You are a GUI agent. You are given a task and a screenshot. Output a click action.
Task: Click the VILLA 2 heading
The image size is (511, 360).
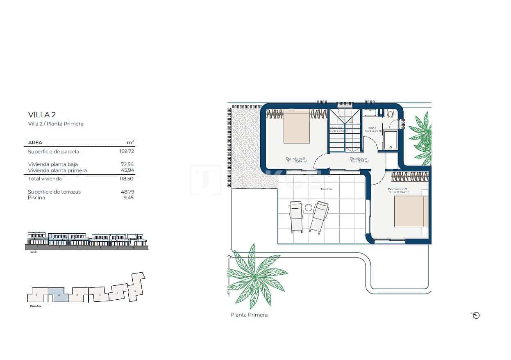(x=42, y=114)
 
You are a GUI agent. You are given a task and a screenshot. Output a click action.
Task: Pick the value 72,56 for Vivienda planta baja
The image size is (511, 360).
(x=127, y=164)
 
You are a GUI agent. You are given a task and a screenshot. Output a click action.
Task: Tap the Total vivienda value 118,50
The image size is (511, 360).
(x=127, y=179)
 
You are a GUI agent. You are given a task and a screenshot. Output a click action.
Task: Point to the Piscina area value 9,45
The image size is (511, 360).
(x=128, y=198)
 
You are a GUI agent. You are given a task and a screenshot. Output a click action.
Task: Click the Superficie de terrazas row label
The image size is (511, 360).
(x=54, y=192)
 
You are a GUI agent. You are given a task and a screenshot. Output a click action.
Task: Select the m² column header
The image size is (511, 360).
(x=130, y=143)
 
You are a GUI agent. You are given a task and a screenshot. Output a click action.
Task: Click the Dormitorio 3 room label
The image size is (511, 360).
(x=295, y=158)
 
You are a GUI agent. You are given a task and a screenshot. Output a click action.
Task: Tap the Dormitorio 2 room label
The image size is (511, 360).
(x=397, y=189)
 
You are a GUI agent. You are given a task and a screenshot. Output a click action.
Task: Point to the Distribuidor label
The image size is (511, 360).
(x=359, y=159)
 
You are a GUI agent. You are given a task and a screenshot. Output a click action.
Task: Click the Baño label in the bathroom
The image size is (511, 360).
(x=372, y=128)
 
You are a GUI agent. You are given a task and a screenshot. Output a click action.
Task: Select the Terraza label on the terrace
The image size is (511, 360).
(x=326, y=189)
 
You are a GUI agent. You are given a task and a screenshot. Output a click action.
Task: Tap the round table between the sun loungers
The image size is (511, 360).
(x=308, y=208)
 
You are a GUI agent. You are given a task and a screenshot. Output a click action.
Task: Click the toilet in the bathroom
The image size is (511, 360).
(x=390, y=114)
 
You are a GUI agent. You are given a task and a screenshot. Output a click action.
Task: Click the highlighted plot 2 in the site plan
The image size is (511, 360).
(x=58, y=295)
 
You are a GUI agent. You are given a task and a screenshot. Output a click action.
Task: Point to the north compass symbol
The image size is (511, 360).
(x=476, y=315)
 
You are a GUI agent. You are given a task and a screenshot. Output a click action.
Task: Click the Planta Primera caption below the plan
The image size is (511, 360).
(x=249, y=315)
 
